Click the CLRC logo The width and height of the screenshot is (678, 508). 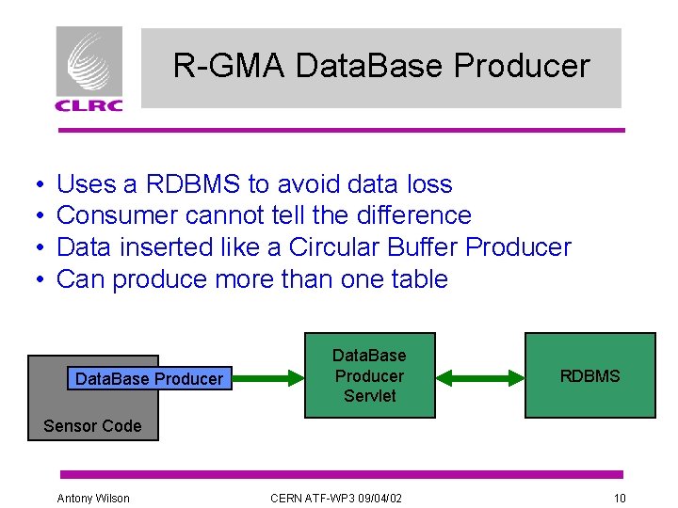pos(89,69)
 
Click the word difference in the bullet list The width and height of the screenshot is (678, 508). pos(413,215)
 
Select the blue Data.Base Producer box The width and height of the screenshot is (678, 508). pos(149,379)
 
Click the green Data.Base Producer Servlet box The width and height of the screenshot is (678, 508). pos(369,375)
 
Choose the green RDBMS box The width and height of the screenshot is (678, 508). pos(589,375)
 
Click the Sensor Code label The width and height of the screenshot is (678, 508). pos(92,426)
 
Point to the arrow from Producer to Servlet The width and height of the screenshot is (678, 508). pos(266,379)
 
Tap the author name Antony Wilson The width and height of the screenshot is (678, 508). pos(93,498)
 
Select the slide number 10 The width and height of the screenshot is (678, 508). pos(619,498)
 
